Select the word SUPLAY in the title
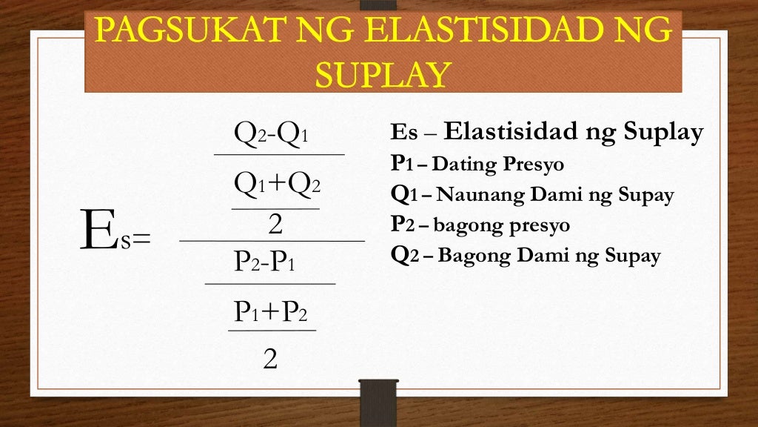pos(383,74)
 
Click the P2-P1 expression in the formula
pos(264,261)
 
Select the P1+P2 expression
pos(270,311)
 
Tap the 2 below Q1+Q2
pos(275,225)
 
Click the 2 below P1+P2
pos(270,360)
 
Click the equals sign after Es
pos(141,239)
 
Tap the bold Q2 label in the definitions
pos(405,256)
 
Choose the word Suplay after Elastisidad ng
pos(663,133)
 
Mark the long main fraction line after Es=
pos(272,241)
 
